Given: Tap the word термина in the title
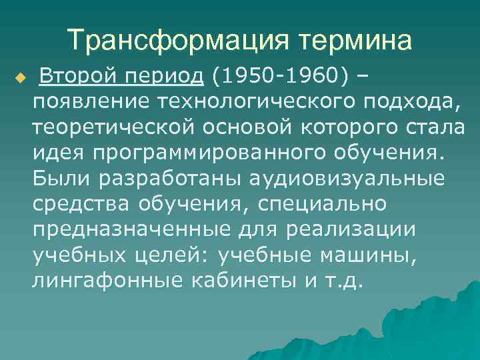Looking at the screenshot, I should (354, 41).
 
